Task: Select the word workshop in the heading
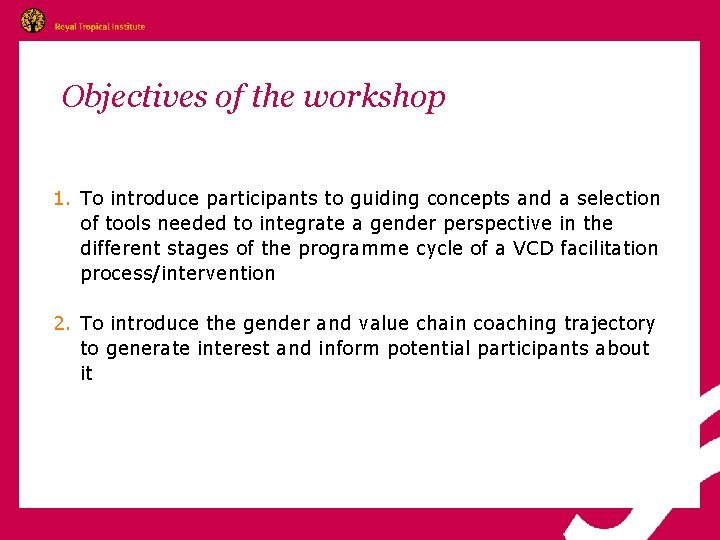(x=374, y=97)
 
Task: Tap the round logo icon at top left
(x=33, y=21)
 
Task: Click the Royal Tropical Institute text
(x=100, y=27)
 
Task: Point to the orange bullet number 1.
(x=62, y=199)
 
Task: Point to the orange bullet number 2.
(x=62, y=324)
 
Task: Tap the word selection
(x=620, y=199)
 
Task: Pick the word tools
(x=129, y=224)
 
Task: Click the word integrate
(x=302, y=224)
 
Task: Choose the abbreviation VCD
(x=533, y=249)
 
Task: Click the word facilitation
(x=610, y=249)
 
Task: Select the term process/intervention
(x=178, y=274)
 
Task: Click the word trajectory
(x=610, y=324)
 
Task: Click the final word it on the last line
(x=87, y=374)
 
